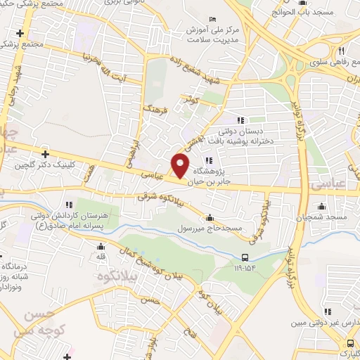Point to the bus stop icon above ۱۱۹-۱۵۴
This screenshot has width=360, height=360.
[244, 257]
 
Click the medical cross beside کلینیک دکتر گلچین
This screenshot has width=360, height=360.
[46, 154]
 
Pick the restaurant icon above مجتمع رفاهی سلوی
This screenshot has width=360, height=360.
[340, 51]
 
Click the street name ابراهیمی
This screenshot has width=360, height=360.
[131, 147]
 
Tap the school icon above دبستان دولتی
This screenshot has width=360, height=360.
[240, 120]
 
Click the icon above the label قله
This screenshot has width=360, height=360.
[101, 246]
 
